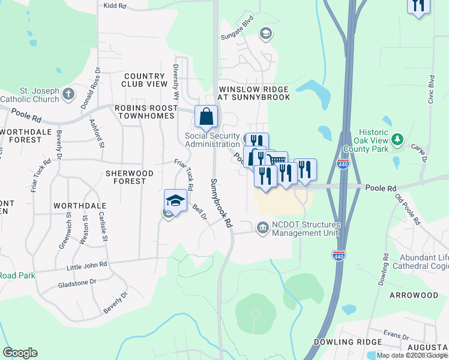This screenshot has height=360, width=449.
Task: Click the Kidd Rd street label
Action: (115, 5)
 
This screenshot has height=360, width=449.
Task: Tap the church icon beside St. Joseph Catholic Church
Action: (68, 94)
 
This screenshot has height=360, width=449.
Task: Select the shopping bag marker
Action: (206, 116)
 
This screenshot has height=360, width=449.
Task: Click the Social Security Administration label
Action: (212, 140)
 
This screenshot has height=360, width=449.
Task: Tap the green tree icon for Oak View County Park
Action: (397, 140)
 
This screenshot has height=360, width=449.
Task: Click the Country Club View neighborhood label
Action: (145, 80)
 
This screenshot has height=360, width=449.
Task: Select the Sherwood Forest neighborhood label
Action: (126, 177)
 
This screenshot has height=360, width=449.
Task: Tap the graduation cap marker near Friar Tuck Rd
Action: (175, 200)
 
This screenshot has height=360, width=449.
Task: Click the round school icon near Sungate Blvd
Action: (264, 33)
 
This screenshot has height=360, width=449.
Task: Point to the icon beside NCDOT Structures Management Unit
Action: (262, 228)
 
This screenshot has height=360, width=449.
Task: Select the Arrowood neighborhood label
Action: (414, 296)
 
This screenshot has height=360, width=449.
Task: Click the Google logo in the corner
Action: (20, 352)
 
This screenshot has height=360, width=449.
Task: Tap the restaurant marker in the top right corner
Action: (418, 6)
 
